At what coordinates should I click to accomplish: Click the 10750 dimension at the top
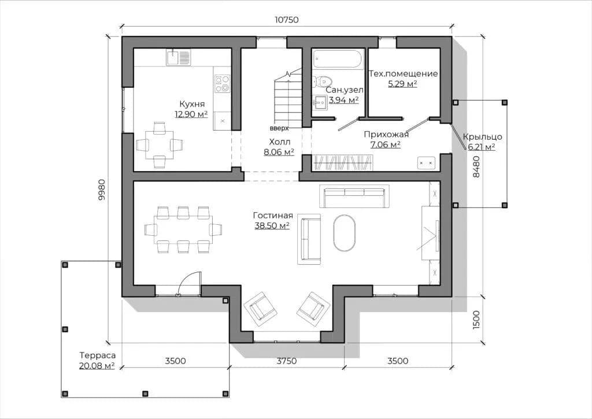(x=286, y=20)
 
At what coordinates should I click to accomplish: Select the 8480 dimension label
(x=476, y=167)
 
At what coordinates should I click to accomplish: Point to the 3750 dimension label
(x=287, y=361)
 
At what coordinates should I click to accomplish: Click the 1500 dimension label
(x=476, y=320)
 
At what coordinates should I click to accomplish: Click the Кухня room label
(x=192, y=104)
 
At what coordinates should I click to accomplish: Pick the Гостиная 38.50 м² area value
(x=272, y=226)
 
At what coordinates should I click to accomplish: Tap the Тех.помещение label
(x=403, y=73)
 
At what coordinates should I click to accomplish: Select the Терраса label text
(x=97, y=355)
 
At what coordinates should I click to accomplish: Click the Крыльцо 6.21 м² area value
(x=482, y=147)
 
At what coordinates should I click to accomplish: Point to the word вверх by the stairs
(x=279, y=128)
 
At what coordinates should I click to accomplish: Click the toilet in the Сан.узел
(x=322, y=80)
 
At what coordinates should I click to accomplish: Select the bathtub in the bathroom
(x=337, y=59)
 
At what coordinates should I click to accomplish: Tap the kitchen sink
(x=178, y=57)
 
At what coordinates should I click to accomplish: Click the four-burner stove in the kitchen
(x=223, y=84)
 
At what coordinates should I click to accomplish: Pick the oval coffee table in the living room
(x=345, y=232)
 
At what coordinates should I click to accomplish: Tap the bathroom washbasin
(x=320, y=102)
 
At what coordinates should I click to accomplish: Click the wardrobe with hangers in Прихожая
(x=342, y=162)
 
